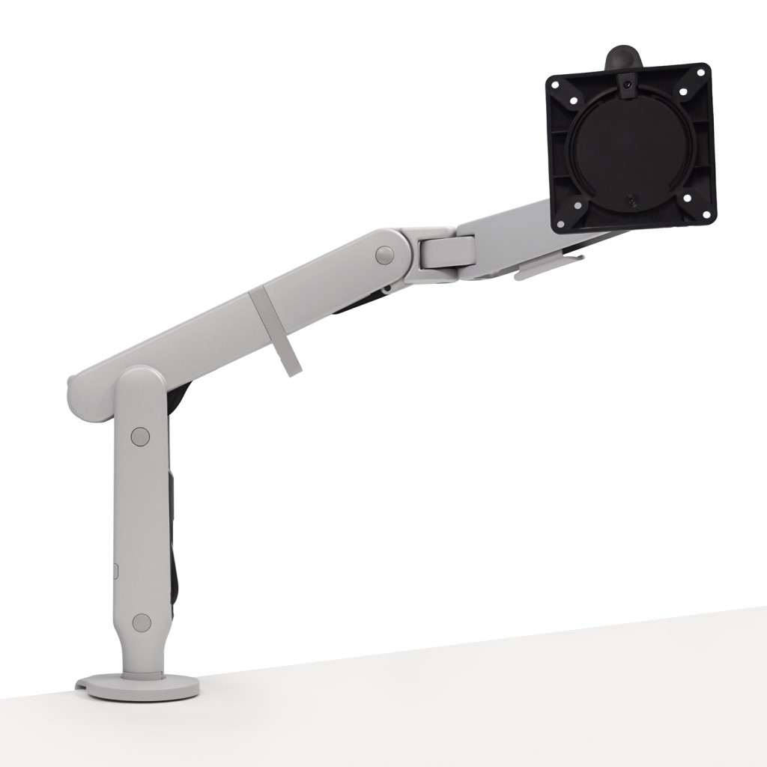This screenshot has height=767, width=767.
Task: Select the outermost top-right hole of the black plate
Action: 701,74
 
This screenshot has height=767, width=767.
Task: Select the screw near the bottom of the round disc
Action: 631,201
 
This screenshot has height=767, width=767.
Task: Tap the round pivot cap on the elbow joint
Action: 384,255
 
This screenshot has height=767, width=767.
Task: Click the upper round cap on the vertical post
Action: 140,435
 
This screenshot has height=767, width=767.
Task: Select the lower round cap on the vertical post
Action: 141,621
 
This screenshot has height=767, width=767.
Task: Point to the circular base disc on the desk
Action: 138,685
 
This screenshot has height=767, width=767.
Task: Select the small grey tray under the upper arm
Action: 548,266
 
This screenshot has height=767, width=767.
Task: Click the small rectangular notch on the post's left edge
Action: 116,570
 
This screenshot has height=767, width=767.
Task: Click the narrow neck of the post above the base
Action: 142,659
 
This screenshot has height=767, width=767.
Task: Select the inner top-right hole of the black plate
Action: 682,92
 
